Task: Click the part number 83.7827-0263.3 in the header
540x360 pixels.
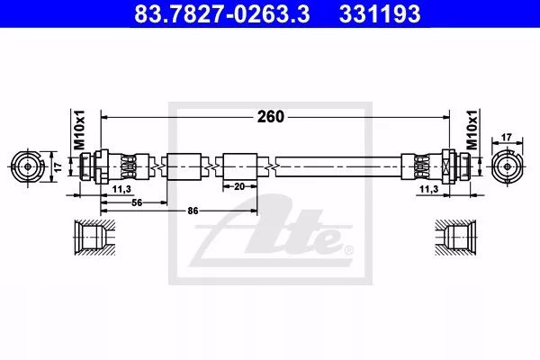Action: click(221, 13)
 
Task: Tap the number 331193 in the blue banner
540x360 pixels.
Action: click(380, 13)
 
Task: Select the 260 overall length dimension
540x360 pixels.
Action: click(270, 117)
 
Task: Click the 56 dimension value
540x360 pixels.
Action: click(137, 202)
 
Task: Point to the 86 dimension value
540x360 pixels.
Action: click(193, 211)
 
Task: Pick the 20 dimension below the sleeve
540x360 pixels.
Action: click(239, 186)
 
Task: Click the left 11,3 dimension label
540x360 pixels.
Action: click(121, 189)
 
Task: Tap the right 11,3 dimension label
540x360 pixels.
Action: click(428, 189)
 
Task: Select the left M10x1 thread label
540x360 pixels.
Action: click(79, 130)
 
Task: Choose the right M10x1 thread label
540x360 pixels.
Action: click(472, 130)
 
